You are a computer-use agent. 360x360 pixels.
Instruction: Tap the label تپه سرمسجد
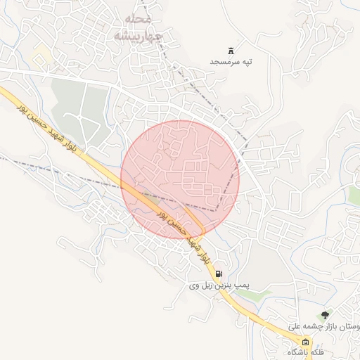pyautogui.click(x=231, y=62)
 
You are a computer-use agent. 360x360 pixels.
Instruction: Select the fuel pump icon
pyautogui.click(x=219, y=274)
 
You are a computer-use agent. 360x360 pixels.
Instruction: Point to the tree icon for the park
pyautogui.click(x=323, y=316)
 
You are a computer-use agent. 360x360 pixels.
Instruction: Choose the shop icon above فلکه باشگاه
pyautogui.click(x=304, y=342)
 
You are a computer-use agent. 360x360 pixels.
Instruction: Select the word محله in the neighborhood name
pyautogui.click(x=139, y=18)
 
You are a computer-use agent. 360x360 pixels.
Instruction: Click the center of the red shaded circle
pyautogui.click(x=180, y=179)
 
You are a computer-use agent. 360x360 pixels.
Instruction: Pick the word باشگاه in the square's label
pyautogui.click(x=296, y=352)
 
